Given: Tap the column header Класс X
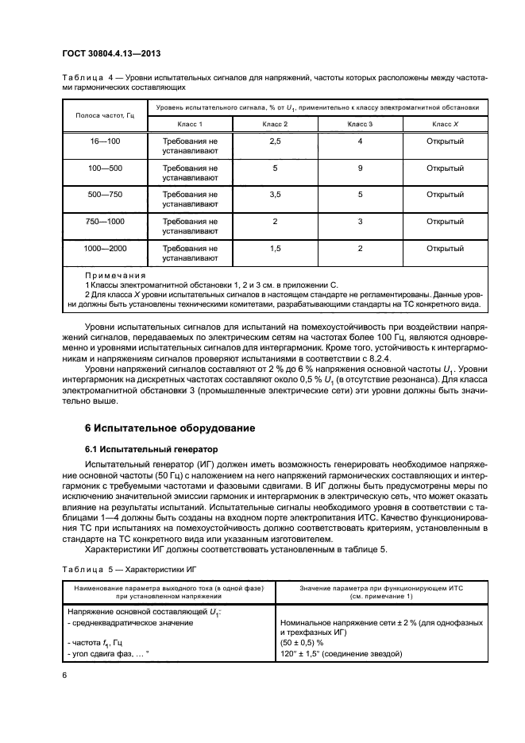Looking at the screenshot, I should (445, 125).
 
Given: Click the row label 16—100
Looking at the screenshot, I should (98, 141).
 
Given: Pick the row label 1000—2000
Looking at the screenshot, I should (98, 249).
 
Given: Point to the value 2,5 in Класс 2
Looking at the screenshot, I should (275, 141).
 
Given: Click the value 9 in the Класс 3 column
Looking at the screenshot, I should (360, 168).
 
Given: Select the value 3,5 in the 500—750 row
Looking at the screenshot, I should (275, 195).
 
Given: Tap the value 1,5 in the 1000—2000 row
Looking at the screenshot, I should (275, 249).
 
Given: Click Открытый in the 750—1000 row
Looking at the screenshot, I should (445, 222).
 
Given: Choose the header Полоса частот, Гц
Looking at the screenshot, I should (98, 115).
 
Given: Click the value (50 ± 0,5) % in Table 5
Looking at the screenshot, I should (304, 642).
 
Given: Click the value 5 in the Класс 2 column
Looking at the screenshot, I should (275, 168).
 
